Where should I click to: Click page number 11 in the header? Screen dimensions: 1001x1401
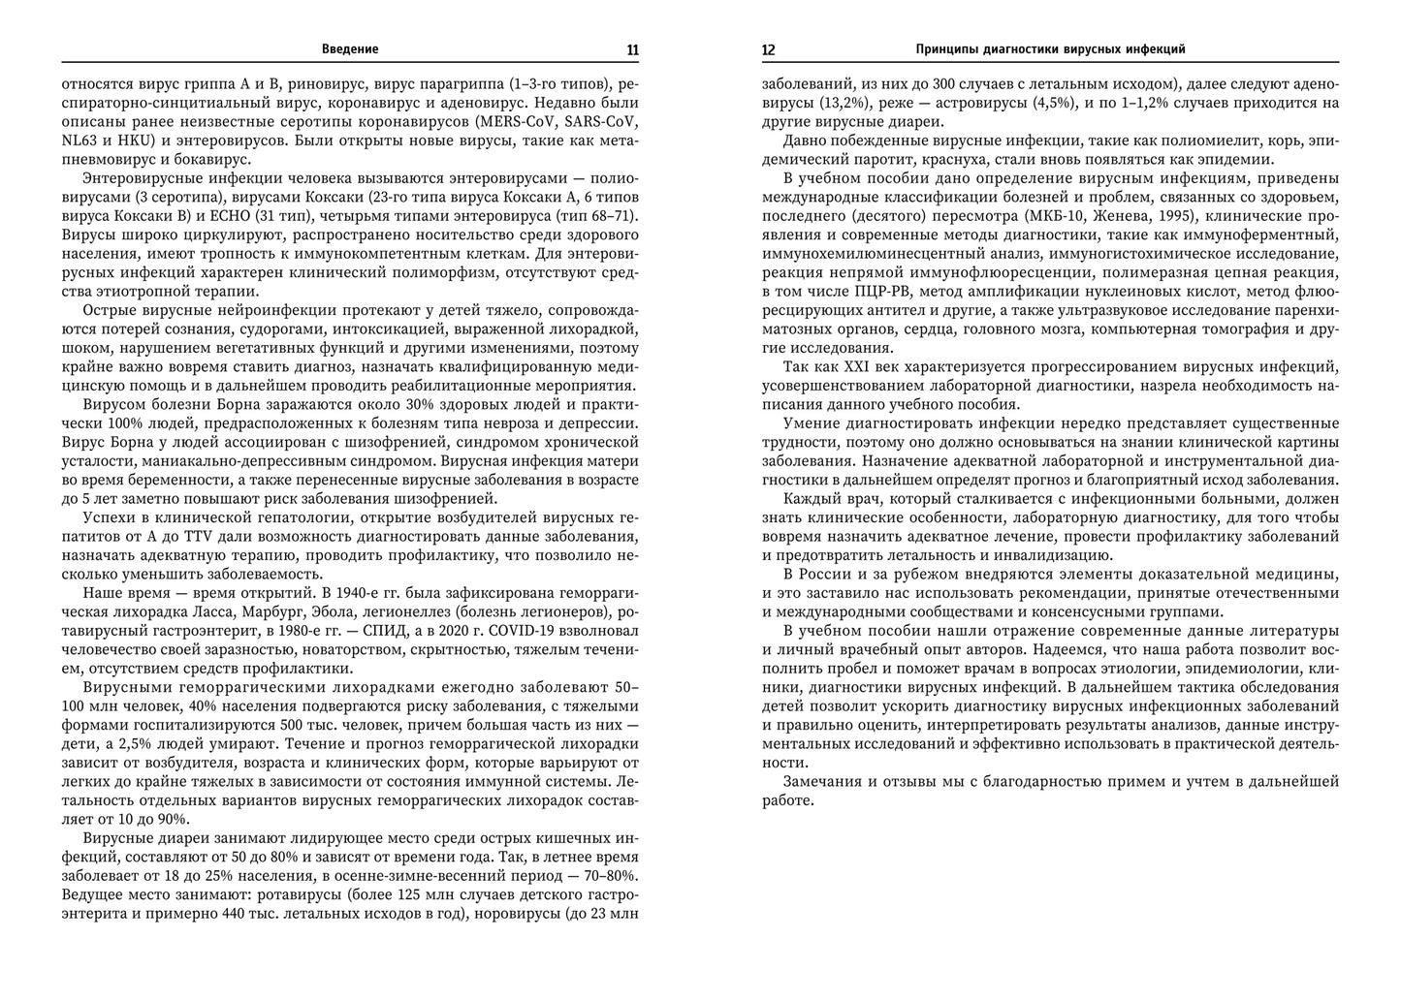[632, 49]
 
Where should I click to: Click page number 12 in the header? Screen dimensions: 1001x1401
[769, 49]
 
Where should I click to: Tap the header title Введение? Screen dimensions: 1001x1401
[350, 49]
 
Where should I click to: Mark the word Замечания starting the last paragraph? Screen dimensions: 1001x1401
[826, 781]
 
